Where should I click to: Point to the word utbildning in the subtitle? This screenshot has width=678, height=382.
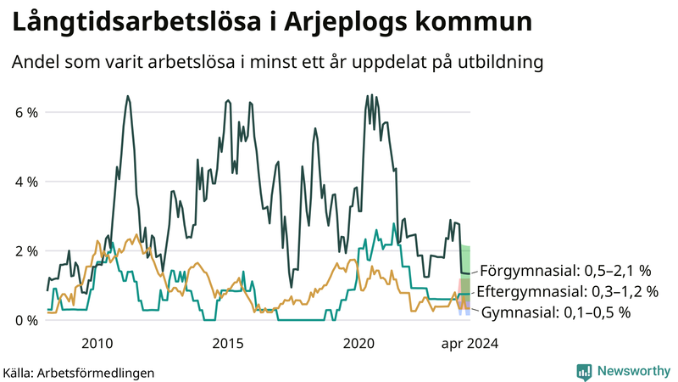[500, 63]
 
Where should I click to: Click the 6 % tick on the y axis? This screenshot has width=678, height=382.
[25, 112]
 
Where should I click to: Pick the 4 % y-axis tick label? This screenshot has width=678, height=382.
[25, 182]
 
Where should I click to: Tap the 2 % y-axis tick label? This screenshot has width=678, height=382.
[25, 251]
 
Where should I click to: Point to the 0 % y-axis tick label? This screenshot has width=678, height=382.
[25, 321]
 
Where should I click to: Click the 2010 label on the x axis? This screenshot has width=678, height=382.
[97, 343]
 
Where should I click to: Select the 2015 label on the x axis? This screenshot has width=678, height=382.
[228, 343]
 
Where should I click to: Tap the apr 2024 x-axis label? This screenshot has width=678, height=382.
[469, 343]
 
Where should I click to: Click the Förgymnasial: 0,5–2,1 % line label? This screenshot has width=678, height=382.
[565, 272]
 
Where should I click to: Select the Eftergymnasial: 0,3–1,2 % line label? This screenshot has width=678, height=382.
[568, 292]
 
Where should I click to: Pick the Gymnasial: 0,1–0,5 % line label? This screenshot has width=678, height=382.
[557, 312]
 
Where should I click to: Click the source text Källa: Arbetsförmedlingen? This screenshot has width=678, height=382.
[79, 372]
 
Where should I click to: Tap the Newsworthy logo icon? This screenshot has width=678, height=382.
[585, 371]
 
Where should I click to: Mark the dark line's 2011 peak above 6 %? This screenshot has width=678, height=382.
[127, 97]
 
